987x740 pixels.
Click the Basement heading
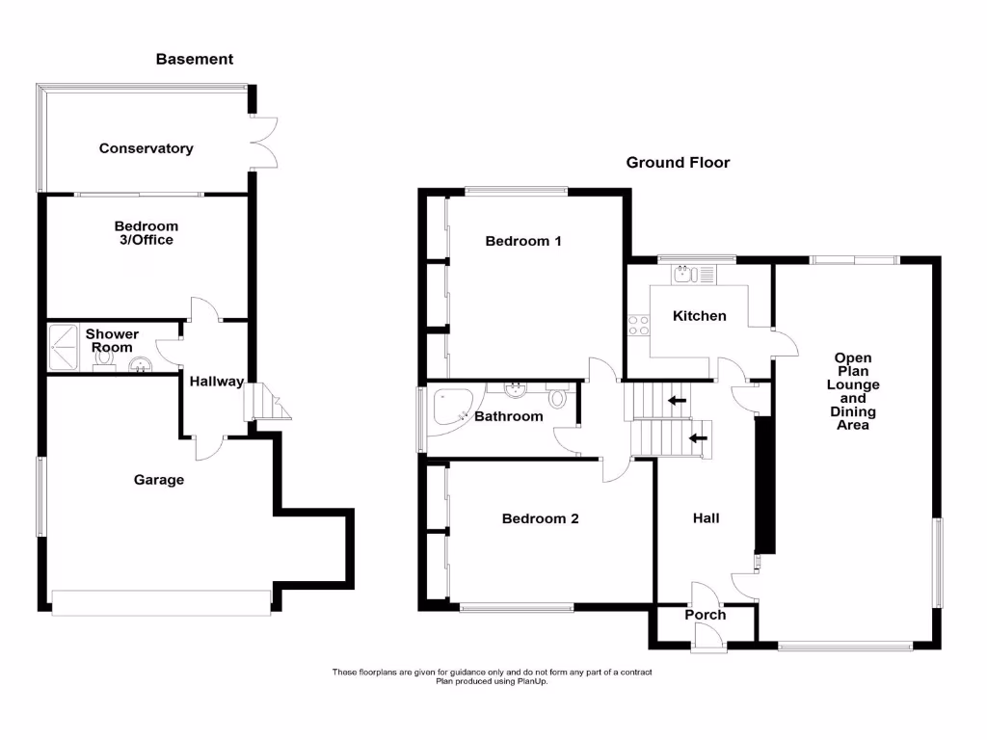point(195,59)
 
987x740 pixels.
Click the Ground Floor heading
point(678,163)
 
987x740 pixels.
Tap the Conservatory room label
point(146,148)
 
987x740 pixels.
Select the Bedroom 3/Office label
point(147,233)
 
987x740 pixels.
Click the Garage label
point(159,480)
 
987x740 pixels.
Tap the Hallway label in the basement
point(216,382)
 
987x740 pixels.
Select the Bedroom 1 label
point(522,241)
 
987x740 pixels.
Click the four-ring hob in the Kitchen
point(638,326)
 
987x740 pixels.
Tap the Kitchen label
point(699,316)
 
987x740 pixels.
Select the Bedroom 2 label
point(540,518)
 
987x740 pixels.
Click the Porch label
point(706,615)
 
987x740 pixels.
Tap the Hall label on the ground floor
point(706,518)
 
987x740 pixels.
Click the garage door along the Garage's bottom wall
point(161,603)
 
